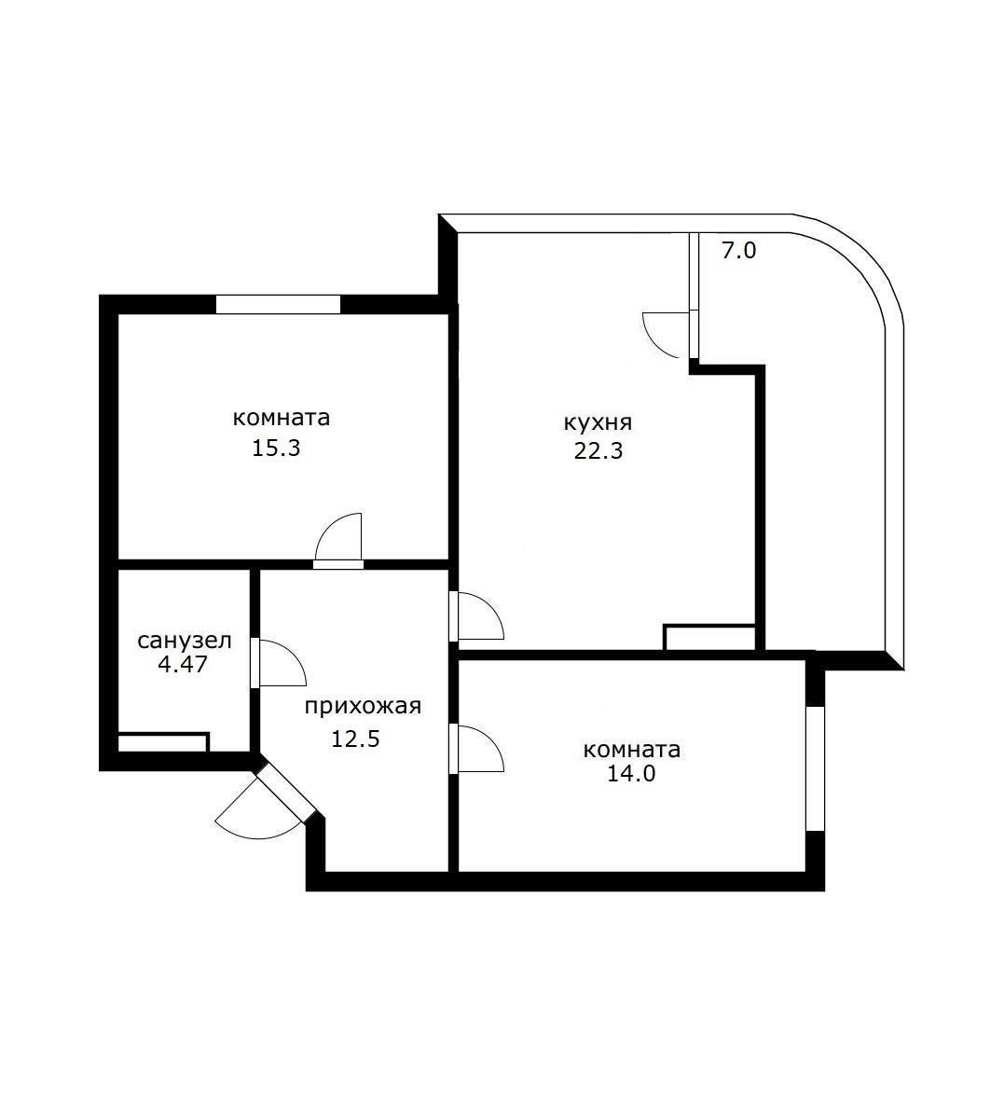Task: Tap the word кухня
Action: pyautogui.click(x=598, y=422)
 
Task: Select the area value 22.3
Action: pyautogui.click(x=598, y=452)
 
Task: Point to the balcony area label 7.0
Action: pyautogui.click(x=738, y=251)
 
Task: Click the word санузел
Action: pyautogui.click(x=185, y=642)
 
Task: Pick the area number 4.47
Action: pyautogui.click(x=184, y=665)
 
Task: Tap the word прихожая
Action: pyautogui.click(x=364, y=707)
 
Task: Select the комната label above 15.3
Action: pyautogui.click(x=282, y=418)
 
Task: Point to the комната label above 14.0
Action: pyautogui.click(x=632, y=750)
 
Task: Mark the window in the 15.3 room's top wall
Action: pyautogui.click(x=278, y=304)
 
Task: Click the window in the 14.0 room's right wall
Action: pyautogui.click(x=816, y=768)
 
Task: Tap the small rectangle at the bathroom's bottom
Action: pyautogui.click(x=162, y=742)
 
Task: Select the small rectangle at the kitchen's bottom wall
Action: pyautogui.click(x=709, y=638)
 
